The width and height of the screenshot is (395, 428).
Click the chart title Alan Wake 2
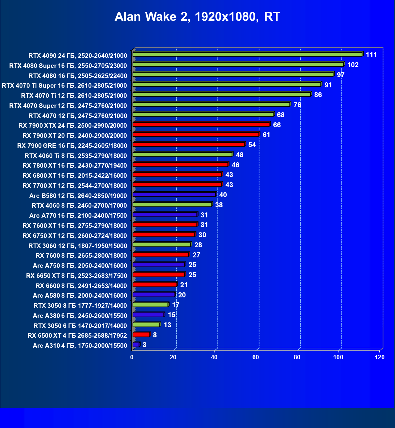click(197, 17)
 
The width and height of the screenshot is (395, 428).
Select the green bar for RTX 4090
click(247, 54)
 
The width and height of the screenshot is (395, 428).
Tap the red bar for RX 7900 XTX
click(201, 124)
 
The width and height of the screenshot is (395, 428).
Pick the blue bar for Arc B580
click(174, 195)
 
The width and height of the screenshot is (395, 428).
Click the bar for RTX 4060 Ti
click(182, 154)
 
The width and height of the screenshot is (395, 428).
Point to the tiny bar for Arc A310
click(136, 344)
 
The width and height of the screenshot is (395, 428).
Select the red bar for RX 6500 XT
click(141, 335)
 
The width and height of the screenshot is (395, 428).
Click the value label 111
click(371, 55)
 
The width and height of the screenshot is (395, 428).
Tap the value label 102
click(353, 65)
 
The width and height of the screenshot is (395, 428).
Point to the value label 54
click(252, 145)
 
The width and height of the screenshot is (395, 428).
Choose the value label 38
click(219, 205)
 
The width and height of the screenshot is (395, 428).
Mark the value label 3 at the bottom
click(144, 345)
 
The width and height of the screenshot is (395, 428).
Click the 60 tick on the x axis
click(256, 357)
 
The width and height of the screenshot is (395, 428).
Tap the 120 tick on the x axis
click(380, 357)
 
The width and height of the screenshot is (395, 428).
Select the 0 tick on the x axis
click(132, 357)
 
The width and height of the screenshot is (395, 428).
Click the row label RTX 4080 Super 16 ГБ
click(68, 65)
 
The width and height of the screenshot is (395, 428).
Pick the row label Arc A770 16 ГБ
click(78, 216)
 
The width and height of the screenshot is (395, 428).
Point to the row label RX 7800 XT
click(75, 166)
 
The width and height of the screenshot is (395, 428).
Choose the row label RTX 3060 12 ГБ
click(78, 246)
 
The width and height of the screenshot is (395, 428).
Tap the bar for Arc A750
click(159, 265)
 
